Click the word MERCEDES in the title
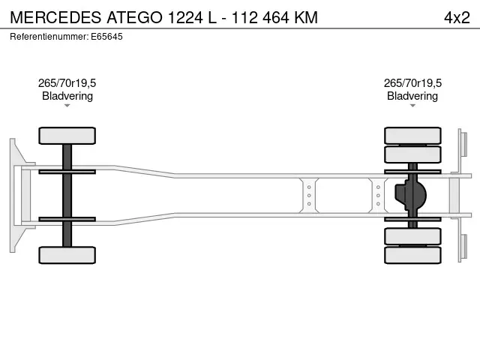55,17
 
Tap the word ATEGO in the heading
135,17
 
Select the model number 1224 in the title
185,17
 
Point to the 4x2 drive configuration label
457,17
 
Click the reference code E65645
106,37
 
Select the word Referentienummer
49,37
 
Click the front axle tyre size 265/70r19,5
67,83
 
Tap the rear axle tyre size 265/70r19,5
412,83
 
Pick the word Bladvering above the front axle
67,96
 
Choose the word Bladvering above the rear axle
412,96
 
